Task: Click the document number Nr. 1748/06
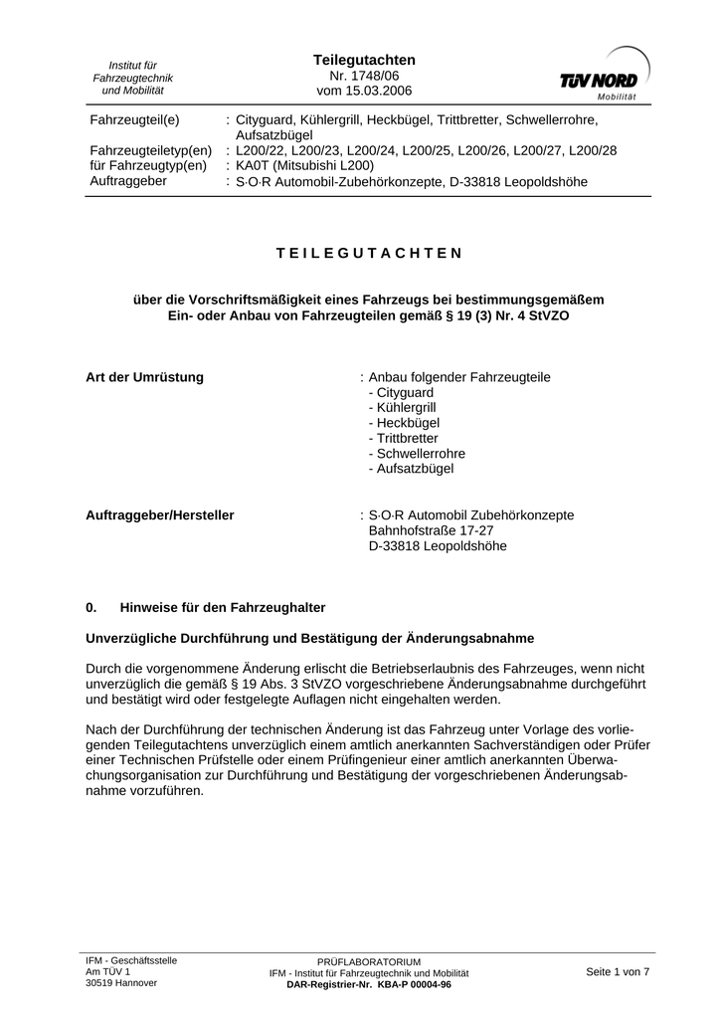(x=364, y=76)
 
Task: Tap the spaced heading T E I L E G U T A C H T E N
(x=369, y=253)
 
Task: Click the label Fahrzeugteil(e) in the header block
(x=134, y=119)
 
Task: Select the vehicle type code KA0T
(x=251, y=165)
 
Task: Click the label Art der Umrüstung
(x=145, y=377)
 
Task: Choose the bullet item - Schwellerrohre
(x=416, y=453)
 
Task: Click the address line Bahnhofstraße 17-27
(x=431, y=530)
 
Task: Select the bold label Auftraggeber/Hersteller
(x=160, y=515)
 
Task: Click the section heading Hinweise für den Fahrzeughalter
(x=223, y=606)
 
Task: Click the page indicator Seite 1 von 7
(x=618, y=971)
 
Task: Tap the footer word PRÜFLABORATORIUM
(x=369, y=962)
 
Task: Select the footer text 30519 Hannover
(x=121, y=982)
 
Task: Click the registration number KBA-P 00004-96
(x=411, y=984)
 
